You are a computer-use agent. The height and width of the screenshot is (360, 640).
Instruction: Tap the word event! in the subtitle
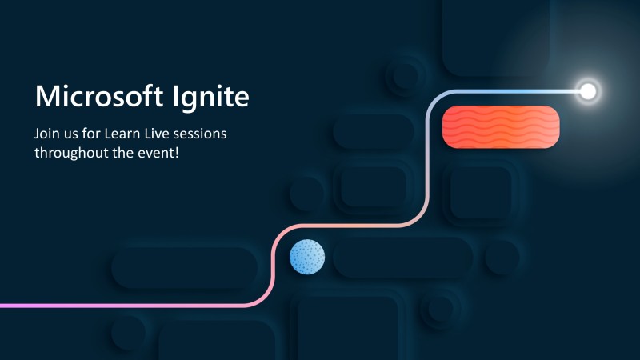click(x=158, y=152)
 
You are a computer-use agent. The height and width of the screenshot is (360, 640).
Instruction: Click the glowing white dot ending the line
click(x=588, y=91)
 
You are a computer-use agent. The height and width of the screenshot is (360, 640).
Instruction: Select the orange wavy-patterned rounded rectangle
click(x=501, y=126)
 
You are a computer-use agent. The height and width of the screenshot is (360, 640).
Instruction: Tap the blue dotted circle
click(x=307, y=257)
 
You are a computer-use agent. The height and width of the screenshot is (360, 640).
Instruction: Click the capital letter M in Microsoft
click(x=46, y=97)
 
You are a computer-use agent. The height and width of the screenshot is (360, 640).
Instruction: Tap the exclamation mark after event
click(x=176, y=152)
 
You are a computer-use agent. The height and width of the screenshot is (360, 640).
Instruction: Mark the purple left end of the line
click(x=4, y=306)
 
